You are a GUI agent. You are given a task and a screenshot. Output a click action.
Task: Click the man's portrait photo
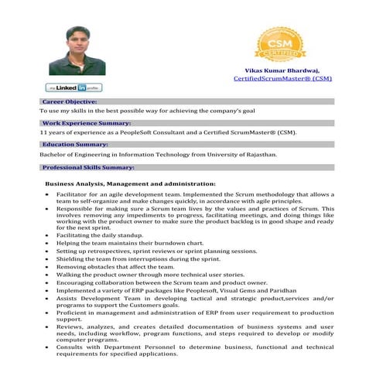(77, 51)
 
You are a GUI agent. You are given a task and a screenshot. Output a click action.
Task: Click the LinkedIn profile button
(74, 87)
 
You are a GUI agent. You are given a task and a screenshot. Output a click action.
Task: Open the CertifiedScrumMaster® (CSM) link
(282, 79)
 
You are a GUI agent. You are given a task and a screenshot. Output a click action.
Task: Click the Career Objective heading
(69, 102)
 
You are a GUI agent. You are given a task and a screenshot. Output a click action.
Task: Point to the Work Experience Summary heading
(86, 123)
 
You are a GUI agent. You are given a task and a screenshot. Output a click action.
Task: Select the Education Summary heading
(75, 145)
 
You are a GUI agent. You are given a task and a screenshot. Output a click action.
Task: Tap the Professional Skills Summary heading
(88, 167)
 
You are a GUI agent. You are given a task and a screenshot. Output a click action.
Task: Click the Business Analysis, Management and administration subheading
(130, 183)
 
